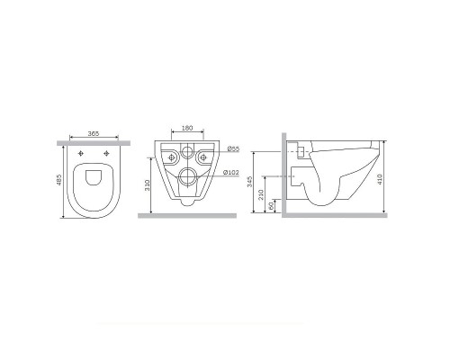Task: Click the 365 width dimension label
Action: (93, 134)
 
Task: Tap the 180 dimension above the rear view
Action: (187, 129)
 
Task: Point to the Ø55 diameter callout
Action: (232, 148)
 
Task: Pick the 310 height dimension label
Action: (147, 187)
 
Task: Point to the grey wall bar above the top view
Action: (93, 142)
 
